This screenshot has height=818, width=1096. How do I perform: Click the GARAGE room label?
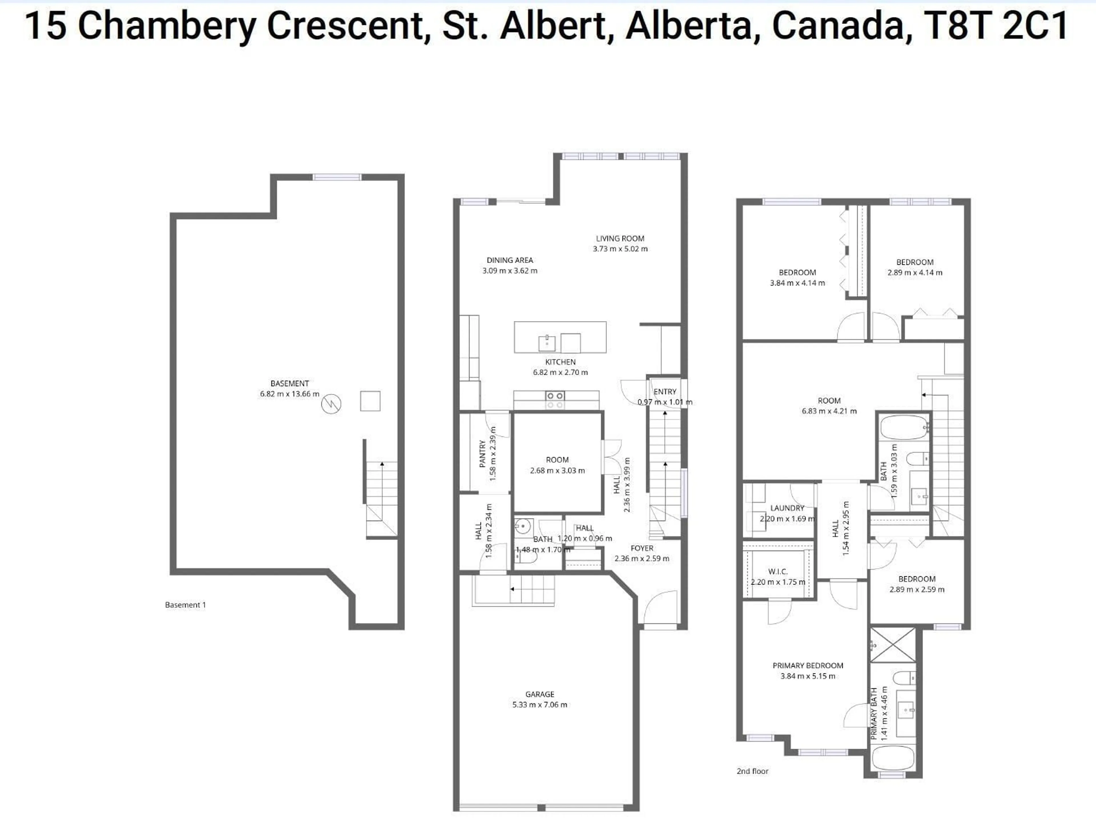[x=540, y=694]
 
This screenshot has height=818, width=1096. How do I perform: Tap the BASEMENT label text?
[x=290, y=383]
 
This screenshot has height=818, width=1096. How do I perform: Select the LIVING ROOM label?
[x=620, y=238]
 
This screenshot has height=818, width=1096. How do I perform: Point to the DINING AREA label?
[x=509, y=260]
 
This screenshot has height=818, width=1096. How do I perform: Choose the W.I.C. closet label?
[x=778, y=571]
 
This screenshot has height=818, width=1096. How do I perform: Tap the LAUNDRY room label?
[x=787, y=508]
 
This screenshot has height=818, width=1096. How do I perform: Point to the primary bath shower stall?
[x=893, y=645]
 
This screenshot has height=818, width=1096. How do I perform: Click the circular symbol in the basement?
[x=331, y=404]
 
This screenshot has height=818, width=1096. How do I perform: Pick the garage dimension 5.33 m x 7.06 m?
[x=540, y=705]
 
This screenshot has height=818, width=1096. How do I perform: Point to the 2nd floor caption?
[x=752, y=771]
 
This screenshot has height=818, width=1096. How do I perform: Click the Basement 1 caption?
[x=185, y=605]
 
